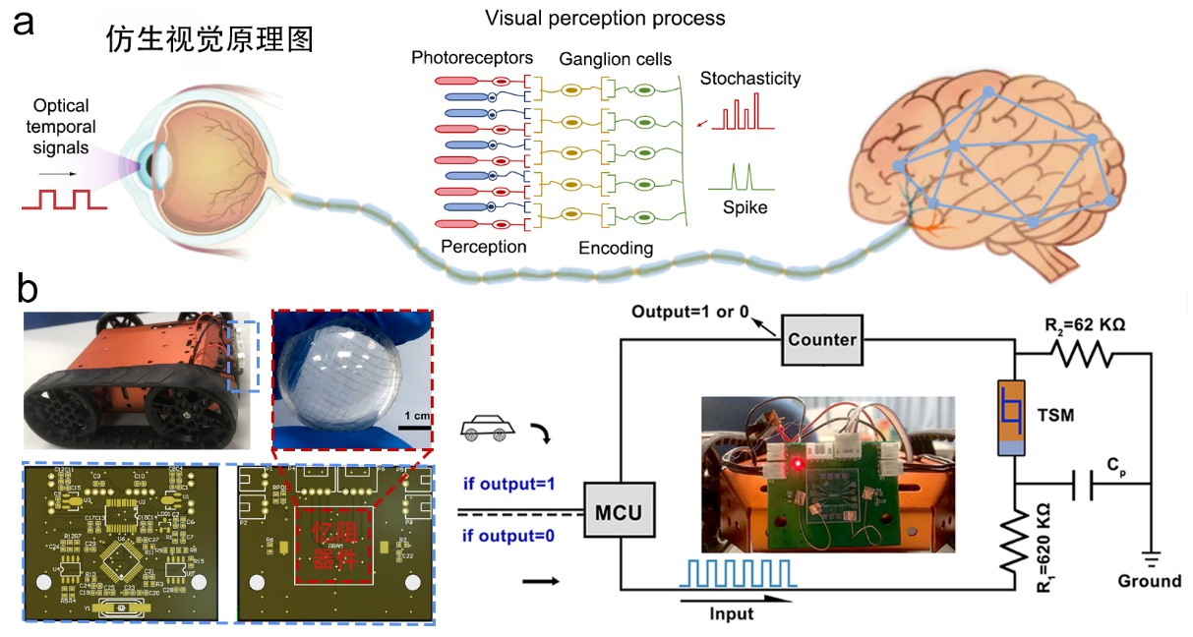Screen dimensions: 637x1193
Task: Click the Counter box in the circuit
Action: (821, 340)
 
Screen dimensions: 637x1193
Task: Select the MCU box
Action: (619, 511)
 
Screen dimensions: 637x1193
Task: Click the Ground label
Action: (1149, 580)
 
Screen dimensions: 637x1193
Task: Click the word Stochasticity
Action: (749, 79)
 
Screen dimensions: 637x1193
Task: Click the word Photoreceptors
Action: (472, 59)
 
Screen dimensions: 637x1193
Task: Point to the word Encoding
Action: (615, 248)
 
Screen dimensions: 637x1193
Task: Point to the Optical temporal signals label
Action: (61, 127)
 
